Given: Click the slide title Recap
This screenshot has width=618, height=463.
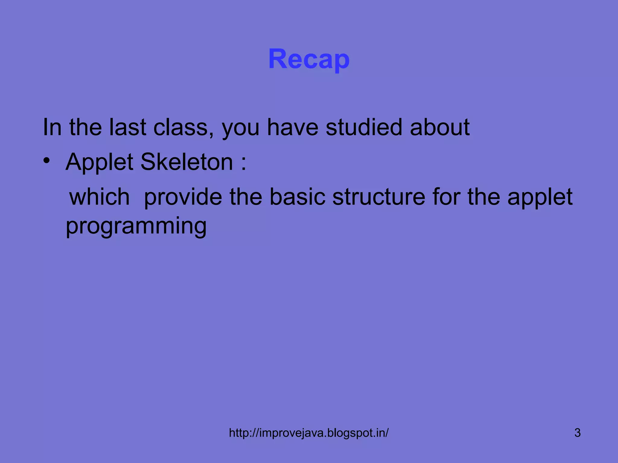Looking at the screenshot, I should pos(309,59).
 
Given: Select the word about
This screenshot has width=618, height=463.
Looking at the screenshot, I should pos(440,127).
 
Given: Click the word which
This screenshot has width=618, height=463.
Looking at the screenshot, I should pos(99,197).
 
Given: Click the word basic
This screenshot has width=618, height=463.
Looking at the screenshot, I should pos(297,197).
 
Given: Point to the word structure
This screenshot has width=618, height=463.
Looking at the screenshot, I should pos(378,197).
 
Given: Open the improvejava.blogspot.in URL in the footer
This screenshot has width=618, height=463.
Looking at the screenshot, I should pos(309,433).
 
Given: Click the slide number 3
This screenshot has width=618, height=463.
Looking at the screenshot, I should pos(577,433).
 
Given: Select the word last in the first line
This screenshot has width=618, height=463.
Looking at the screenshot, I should pos(128,127).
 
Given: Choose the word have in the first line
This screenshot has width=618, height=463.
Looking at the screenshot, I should pos(293,127).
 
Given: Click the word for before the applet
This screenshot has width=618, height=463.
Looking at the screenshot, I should pos(446,197).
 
